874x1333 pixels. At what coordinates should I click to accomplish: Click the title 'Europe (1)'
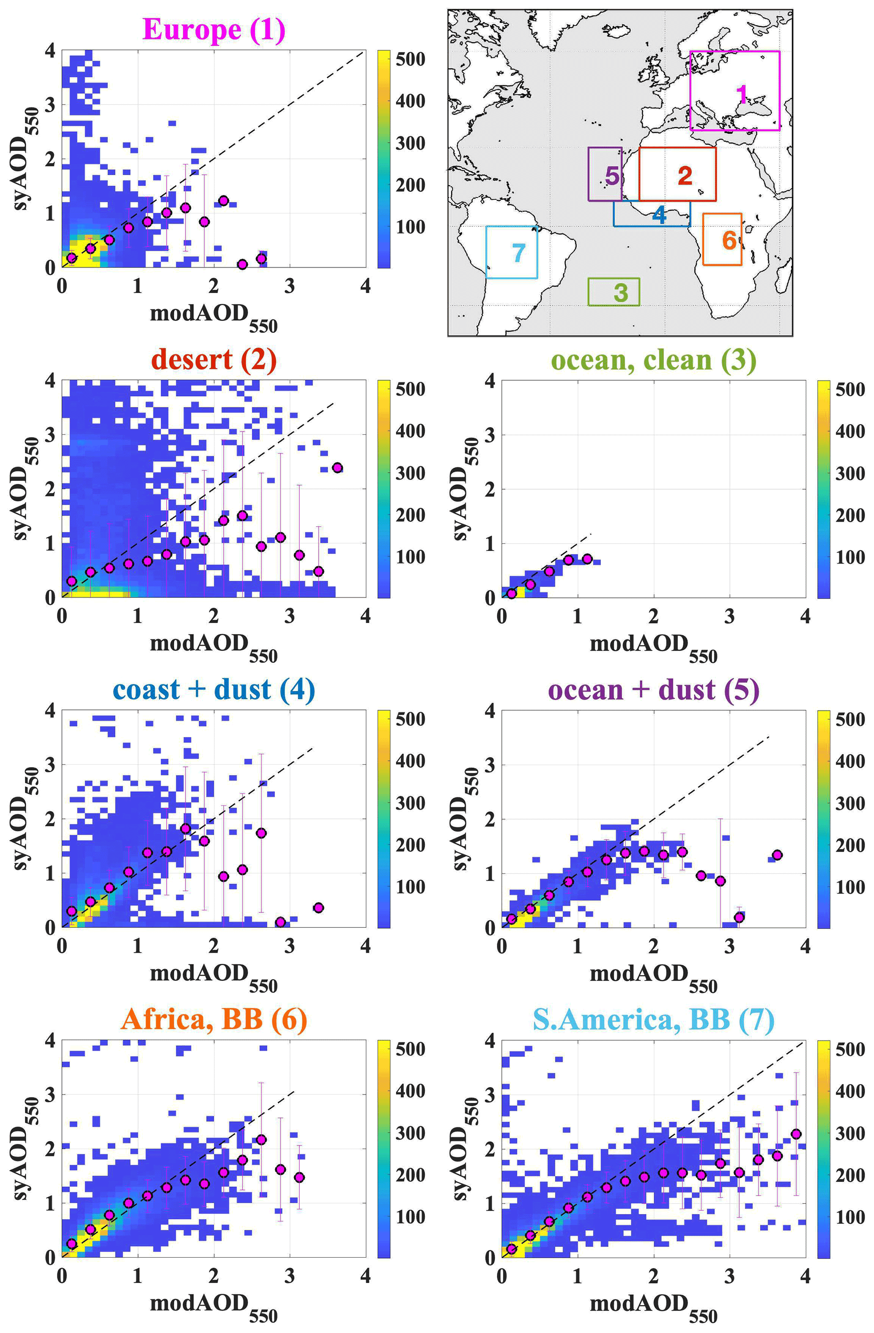(x=214, y=29)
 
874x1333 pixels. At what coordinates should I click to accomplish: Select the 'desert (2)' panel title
(x=214, y=359)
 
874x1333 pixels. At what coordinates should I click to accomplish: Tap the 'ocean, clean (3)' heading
(x=653, y=359)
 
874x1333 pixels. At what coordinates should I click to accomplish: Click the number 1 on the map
(x=742, y=94)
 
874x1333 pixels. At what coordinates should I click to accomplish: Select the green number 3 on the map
(x=620, y=292)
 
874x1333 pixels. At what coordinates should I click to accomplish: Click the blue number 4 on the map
(x=660, y=214)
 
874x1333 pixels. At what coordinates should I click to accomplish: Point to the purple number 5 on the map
(x=612, y=176)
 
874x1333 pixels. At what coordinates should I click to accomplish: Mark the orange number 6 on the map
(x=729, y=240)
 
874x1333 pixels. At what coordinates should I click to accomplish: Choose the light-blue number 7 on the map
(x=518, y=253)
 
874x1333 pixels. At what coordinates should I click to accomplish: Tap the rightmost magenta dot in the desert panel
(x=337, y=467)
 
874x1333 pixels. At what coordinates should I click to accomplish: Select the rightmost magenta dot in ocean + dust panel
(x=777, y=855)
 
